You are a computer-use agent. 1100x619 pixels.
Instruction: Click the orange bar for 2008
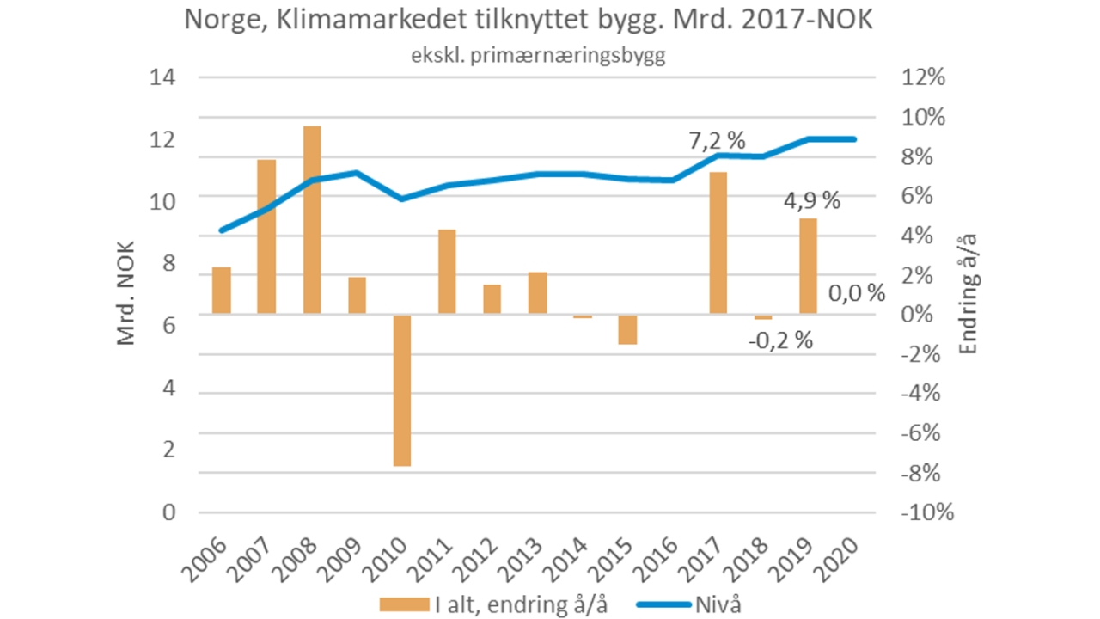[312, 220]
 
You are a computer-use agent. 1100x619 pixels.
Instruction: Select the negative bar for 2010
[402, 390]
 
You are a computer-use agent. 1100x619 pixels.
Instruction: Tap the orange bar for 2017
[718, 243]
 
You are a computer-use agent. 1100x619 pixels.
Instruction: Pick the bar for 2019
[809, 267]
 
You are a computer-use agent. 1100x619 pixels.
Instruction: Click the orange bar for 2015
[627, 329]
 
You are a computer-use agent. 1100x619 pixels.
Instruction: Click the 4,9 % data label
[811, 201]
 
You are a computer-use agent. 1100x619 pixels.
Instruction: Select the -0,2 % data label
[779, 340]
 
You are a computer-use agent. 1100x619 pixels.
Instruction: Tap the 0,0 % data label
[856, 293]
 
